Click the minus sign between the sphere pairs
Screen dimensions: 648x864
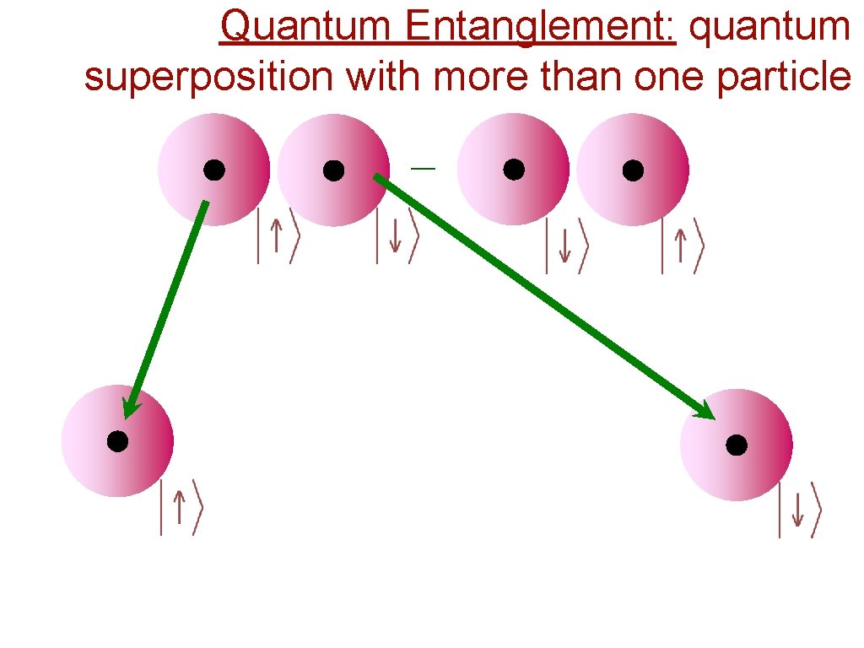click(x=424, y=170)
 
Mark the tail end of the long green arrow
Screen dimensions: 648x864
click(x=377, y=178)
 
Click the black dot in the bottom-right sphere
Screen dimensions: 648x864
click(x=736, y=445)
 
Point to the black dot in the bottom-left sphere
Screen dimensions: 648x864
click(x=117, y=440)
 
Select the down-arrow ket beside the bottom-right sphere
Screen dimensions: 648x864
click(x=798, y=510)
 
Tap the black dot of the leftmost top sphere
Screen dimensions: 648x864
click(x=213, y=170)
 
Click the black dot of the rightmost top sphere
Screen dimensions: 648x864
click(x=633, y=170)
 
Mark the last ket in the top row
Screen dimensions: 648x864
click(x=682, y=246)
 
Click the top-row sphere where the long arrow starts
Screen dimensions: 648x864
click(x=333, y=170)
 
